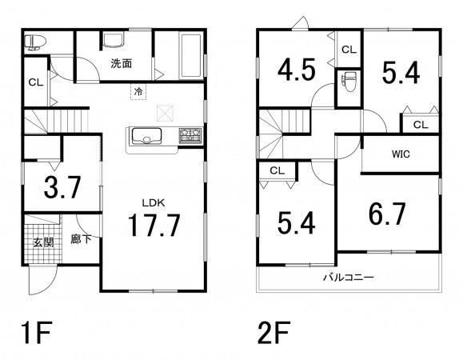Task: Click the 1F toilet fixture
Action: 35,42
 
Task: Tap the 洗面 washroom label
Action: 122,63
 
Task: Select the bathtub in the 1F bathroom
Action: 191,56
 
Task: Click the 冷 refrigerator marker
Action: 138,92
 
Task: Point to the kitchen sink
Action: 146,136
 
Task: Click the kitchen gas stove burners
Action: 190,135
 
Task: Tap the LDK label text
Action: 154,203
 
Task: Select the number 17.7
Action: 154,225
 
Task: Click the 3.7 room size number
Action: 62,187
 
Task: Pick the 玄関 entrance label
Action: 43,242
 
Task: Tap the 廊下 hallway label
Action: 81,238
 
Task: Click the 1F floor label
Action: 37,333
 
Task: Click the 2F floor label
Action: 273,333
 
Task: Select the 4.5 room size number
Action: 297,70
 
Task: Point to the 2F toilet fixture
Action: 348,82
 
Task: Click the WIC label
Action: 401,154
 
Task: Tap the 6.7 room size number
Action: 387,214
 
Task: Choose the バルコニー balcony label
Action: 349,278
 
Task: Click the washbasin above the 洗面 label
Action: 114,40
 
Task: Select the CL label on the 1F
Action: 36,82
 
